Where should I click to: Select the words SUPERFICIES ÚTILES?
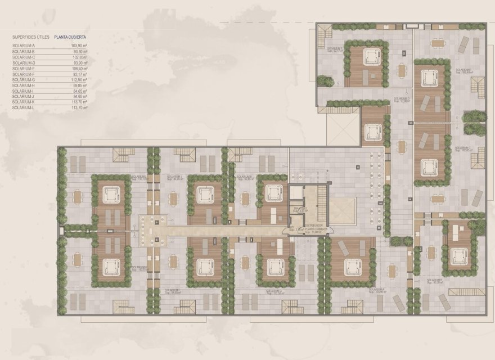pyautogui.click(x=28, y=38)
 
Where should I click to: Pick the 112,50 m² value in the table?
pyautogui.click(x=79, y=80)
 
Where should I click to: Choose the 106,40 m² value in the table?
pyautogui.click(x=79, y=69)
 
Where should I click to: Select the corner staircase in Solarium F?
pyautogui.click(x=324, y=40)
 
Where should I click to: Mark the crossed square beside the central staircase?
pyautogui.click(x=342, y=210)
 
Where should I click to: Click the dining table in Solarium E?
pyautogui.click(x=438, y=43)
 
